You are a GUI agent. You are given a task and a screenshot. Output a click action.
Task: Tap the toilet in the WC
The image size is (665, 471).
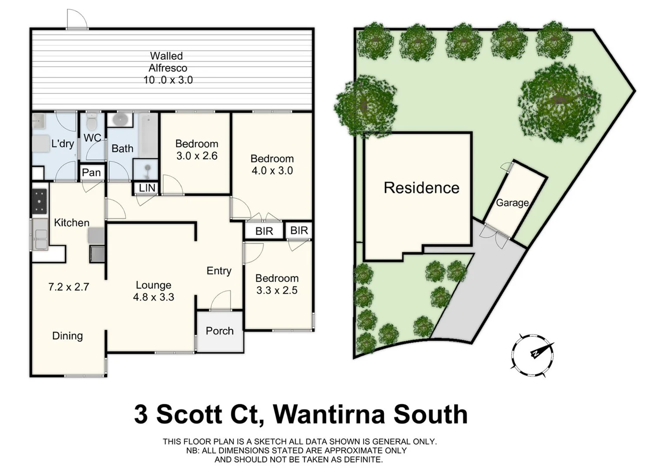click(x=92, y=123)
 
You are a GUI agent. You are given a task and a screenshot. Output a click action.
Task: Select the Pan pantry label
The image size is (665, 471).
click(x=92, y=173)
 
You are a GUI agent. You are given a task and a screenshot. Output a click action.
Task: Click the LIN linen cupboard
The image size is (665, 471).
click(x=147, y=188)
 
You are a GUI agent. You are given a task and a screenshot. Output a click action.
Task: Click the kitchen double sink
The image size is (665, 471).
click(x=40, y=234)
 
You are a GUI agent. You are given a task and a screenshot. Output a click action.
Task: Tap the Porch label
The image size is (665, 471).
click(x=220, y=331)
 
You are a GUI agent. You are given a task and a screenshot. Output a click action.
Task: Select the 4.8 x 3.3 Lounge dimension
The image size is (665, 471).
click(x=153, y=297)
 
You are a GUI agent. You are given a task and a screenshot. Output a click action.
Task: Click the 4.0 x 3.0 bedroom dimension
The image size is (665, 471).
click(x=272, y=171)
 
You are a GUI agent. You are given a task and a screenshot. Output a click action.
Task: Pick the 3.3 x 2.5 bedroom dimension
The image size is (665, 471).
click(x=277, y=290)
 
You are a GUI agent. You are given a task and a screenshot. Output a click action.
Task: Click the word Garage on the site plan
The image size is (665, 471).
click(x=512, y=203)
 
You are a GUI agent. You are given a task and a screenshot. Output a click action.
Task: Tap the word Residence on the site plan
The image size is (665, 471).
click(x=421, y=188)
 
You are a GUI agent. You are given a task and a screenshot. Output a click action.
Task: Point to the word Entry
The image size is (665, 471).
click(x=219, y=271)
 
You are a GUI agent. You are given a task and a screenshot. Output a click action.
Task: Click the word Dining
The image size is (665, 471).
click(x=68, y=336)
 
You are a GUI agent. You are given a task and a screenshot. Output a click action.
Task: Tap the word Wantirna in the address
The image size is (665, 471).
click(x=329, y=414)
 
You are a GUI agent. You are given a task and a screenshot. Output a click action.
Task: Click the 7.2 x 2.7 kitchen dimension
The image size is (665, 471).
click(x=68, y=287)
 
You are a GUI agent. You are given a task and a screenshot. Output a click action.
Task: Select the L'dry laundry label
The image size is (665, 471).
click(x=63, y=143)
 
